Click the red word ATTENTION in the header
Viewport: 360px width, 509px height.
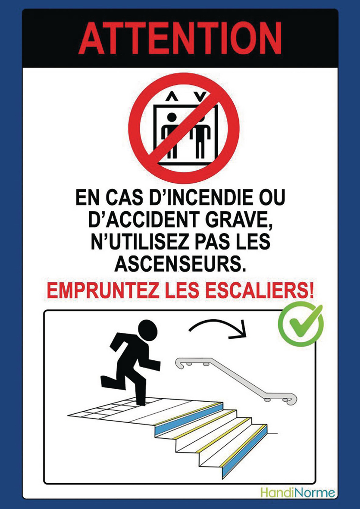point(180,37)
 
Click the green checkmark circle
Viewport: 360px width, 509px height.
point(301,325)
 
